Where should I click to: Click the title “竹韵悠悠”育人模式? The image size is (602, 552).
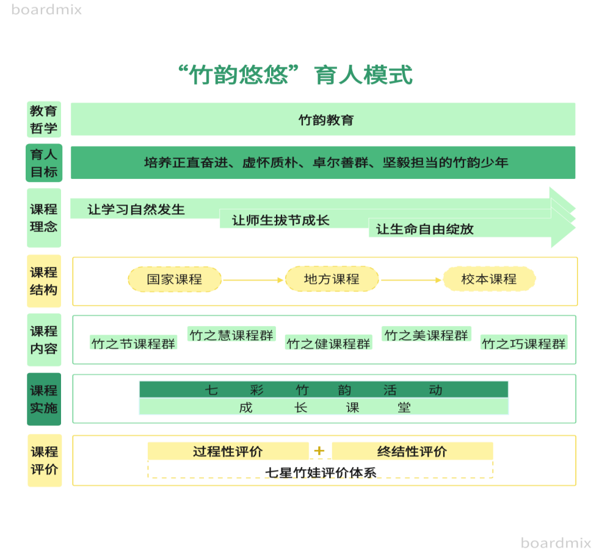[x=295, y=75]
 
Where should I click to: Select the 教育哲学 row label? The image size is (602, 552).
[x=44, y=119]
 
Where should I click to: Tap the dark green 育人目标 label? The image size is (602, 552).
[x=44, y=163]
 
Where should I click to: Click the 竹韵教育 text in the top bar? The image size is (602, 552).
[x=326, y=120]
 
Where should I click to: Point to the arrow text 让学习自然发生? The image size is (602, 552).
[x=136, y=209]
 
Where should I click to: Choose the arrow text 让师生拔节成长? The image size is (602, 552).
[x=281, y=220]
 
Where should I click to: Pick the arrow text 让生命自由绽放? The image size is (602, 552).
[x=425, y=230]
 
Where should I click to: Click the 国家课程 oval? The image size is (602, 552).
[x=175, y=279]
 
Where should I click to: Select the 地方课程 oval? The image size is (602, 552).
[x=332, y=279]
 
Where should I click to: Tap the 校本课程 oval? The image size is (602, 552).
[x=489, y=279]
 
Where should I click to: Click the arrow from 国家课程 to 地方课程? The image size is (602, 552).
[x=253, y=280]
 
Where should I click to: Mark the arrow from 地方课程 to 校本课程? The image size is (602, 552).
[x=411, y=280]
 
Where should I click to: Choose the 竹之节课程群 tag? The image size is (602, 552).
[x=134, y=343]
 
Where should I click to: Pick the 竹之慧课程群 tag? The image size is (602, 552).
[x=231, y=335]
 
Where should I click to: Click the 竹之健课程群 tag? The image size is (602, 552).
[x=329, y=344]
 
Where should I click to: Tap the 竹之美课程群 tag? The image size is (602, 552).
[x=426, y=335]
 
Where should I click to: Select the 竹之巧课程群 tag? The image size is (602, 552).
[x=524, y=344]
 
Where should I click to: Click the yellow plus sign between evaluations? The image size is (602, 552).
[x=319, y=451]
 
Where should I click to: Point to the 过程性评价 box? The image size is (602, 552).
[x=228, y=451]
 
